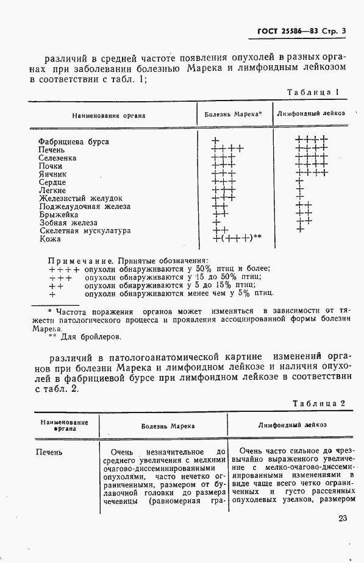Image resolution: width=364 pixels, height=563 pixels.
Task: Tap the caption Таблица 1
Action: (312, 92)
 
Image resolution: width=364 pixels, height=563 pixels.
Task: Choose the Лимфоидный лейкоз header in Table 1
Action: (311, 113)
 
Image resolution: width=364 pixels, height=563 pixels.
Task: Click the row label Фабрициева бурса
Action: (73, 141)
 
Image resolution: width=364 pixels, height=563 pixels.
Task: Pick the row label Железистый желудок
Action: (80, 199)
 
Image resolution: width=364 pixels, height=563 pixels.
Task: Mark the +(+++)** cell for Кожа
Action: (237, 238)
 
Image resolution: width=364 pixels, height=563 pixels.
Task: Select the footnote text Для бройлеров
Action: (90, 336)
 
